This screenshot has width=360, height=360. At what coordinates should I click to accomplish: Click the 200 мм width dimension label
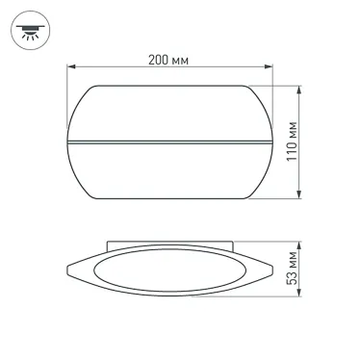click(x=168, y=60)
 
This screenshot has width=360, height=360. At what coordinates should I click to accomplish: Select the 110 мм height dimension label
click(x=322, y=143)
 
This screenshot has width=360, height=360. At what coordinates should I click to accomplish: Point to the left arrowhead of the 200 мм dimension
click(x=69, y=67)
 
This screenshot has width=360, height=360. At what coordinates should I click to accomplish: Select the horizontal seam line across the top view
click(x=169, y=146)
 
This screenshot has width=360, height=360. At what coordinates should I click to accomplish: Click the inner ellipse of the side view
click(x=169, y=271)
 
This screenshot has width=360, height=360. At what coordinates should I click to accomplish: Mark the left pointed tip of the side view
click(x=66, y=270)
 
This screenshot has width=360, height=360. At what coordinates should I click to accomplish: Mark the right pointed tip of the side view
click(x=272, y=270)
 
